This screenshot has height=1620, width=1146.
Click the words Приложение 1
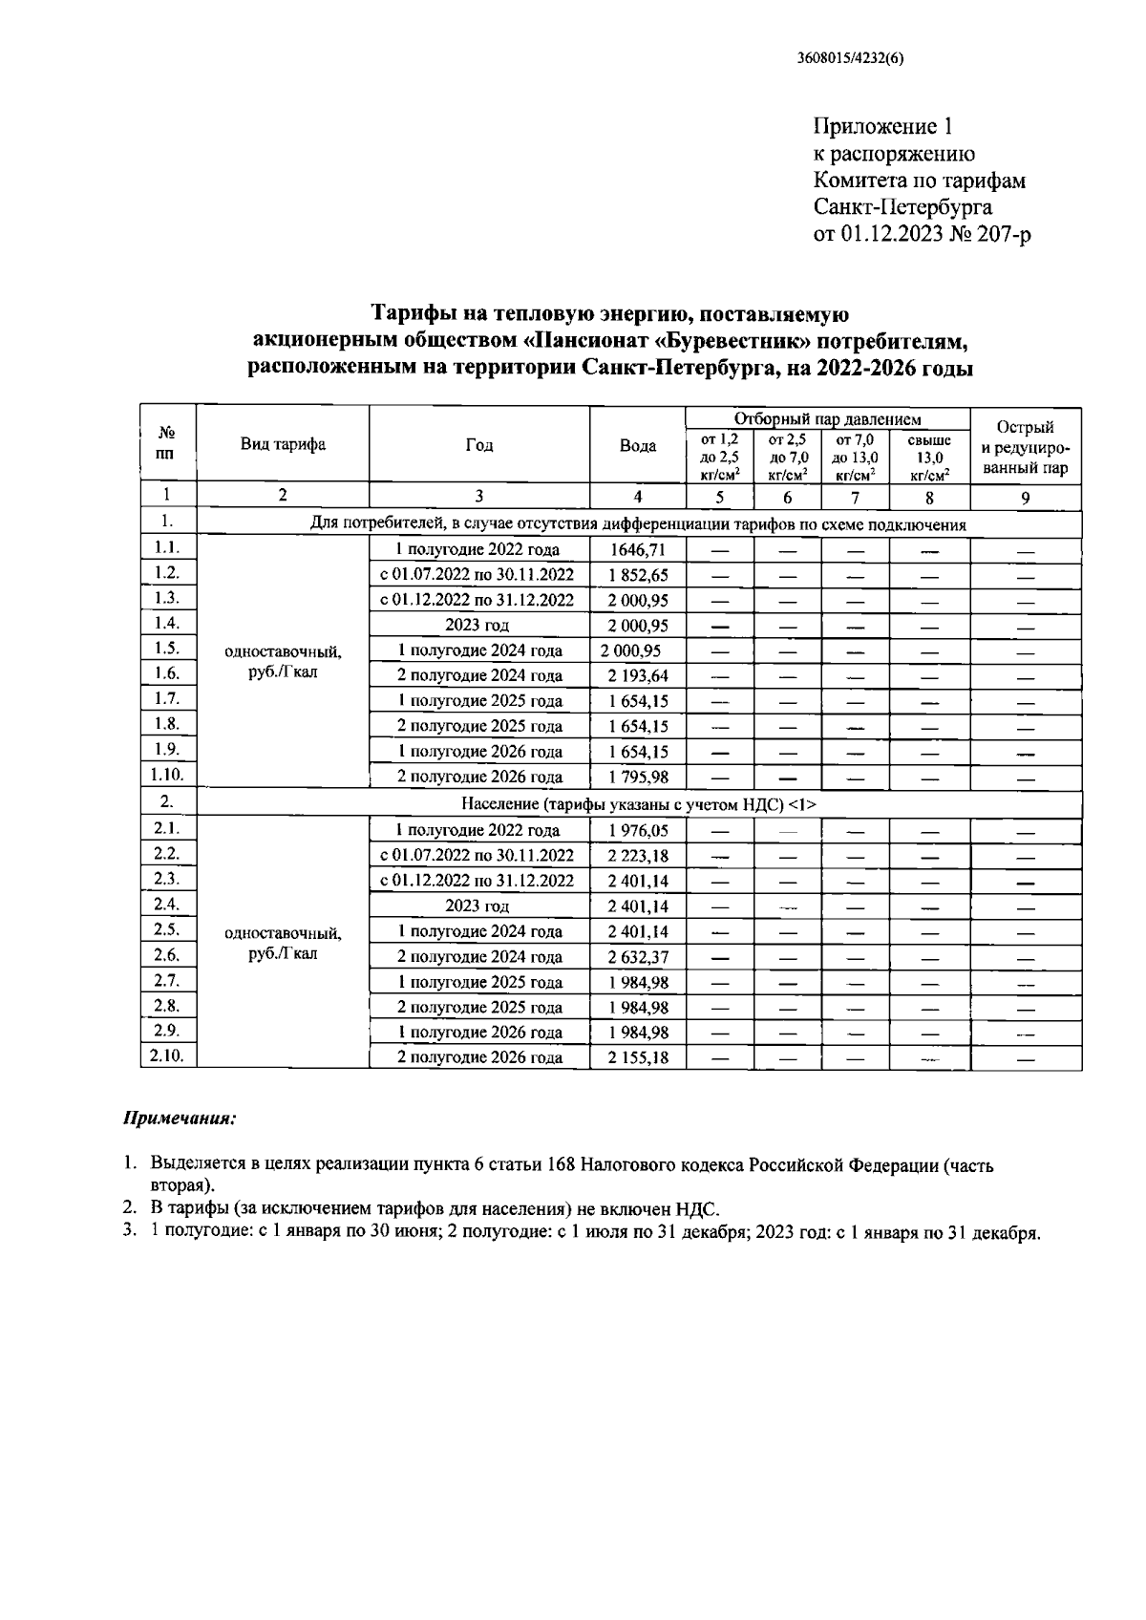(x=882, y=127)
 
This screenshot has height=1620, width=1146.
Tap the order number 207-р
(x=1002, y=234)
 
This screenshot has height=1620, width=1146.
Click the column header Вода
(x=637, y=446)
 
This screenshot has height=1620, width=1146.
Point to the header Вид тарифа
(x=283, y=444)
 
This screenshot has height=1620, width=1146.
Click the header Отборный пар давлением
(x=827, y=418)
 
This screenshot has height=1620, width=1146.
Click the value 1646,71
(x=637, y=549)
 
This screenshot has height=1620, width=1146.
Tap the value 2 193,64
(x=637, y=675)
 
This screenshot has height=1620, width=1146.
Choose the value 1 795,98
(x=637, y=777)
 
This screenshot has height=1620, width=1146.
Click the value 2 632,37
(x=637, y=956)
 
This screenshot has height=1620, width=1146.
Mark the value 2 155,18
(x=637, y=1057)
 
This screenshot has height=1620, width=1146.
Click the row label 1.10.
(x=167, y=775)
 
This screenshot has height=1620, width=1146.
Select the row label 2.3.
(x=167, y=878)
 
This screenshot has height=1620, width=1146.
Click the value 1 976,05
(x=637, y=830)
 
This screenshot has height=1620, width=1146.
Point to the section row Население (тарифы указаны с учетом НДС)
(x=638, y=804)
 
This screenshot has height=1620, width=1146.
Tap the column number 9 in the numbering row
(x=1025, y=497)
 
